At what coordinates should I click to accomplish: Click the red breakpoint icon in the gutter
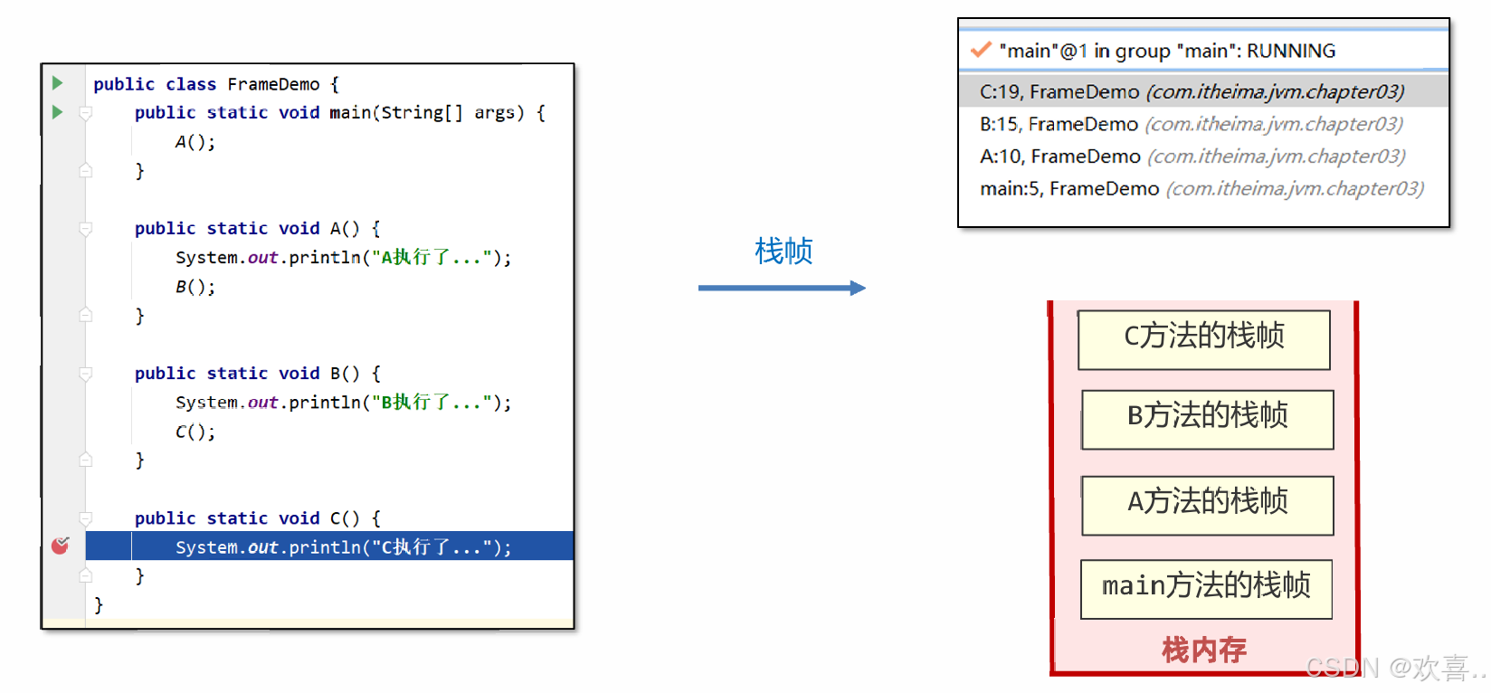pyautogui.click(x=61, y=546)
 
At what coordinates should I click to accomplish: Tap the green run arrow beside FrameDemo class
pyautogui.click(x=57, y=83)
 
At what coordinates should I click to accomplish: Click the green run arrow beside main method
pyautogui.click(x=57, y=112)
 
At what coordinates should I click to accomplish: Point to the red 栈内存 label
pyautogui.click(x=1204, y=650)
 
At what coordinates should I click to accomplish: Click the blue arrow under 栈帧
pyautogui.click(x=781, y=288)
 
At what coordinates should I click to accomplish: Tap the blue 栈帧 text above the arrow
pyautogui.click(x=783, y=251)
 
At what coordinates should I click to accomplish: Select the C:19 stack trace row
pyautogui.click(x=1192, y=91)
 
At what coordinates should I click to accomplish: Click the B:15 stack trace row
pyautogui.click(x=1191, y=124)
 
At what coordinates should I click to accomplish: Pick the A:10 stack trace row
pyautogui.click(x=1192, y=157)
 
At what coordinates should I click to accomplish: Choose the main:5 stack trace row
pyautogui.click(x=1201, y=189)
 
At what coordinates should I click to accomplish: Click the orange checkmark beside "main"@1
pyautogui.click(x=981, y=50)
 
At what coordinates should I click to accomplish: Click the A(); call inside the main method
pyautogui.click(x=195, y=142)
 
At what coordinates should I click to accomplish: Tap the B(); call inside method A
pyautogui.click(x=195, y=287)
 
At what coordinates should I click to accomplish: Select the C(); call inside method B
pyautogui.click(x=195, y=432)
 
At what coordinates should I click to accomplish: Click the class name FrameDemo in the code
pyautogui.click(x=273, y=84)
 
